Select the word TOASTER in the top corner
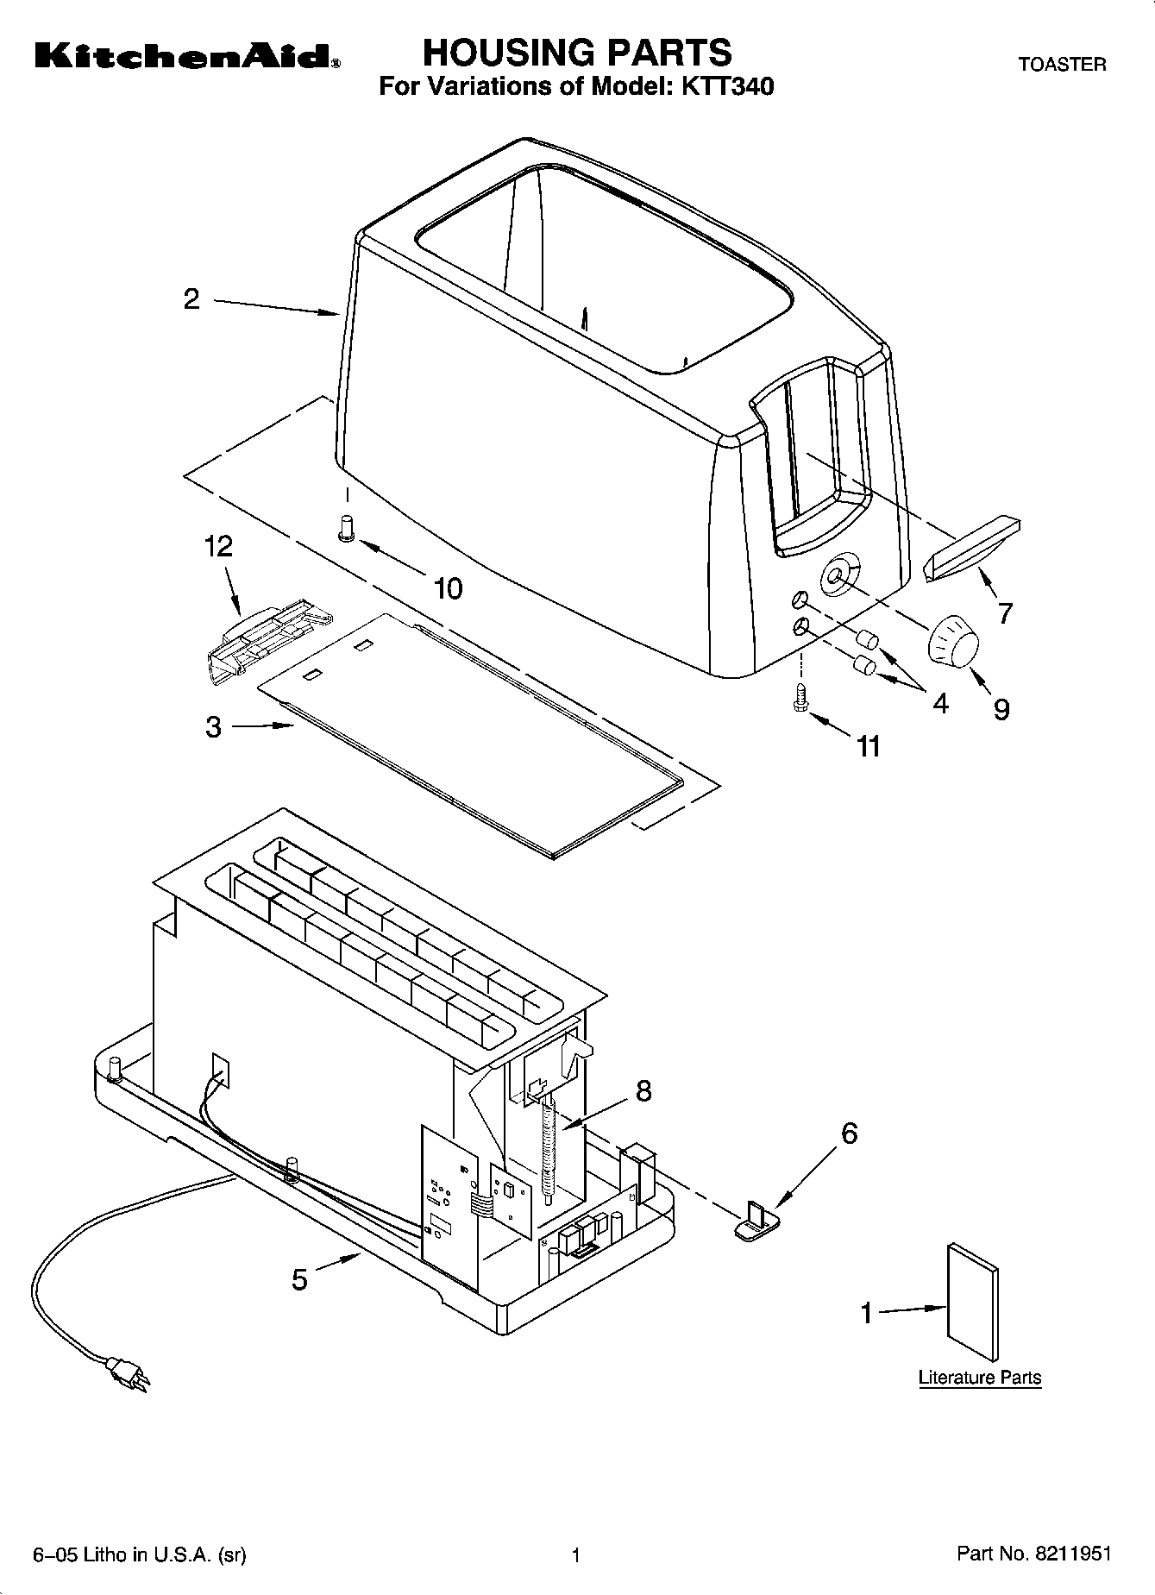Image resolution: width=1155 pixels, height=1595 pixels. click(x=1062, y=65)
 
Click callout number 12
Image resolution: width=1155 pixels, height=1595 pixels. click(x=218, y=547)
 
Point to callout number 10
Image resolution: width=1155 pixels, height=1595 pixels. click(x=448, y=588)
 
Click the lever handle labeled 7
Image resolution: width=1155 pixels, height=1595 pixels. click(x=971, y=549)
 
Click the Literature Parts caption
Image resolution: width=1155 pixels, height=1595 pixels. click(x=979, y=1378)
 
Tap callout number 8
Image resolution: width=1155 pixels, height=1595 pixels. click(x=643, y=1091)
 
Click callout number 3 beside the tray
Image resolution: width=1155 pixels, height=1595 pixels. click(x=213, y=727)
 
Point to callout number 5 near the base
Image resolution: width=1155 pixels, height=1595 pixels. click(x=299, y=1279)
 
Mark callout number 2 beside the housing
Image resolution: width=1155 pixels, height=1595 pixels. click(x=191, y=299)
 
